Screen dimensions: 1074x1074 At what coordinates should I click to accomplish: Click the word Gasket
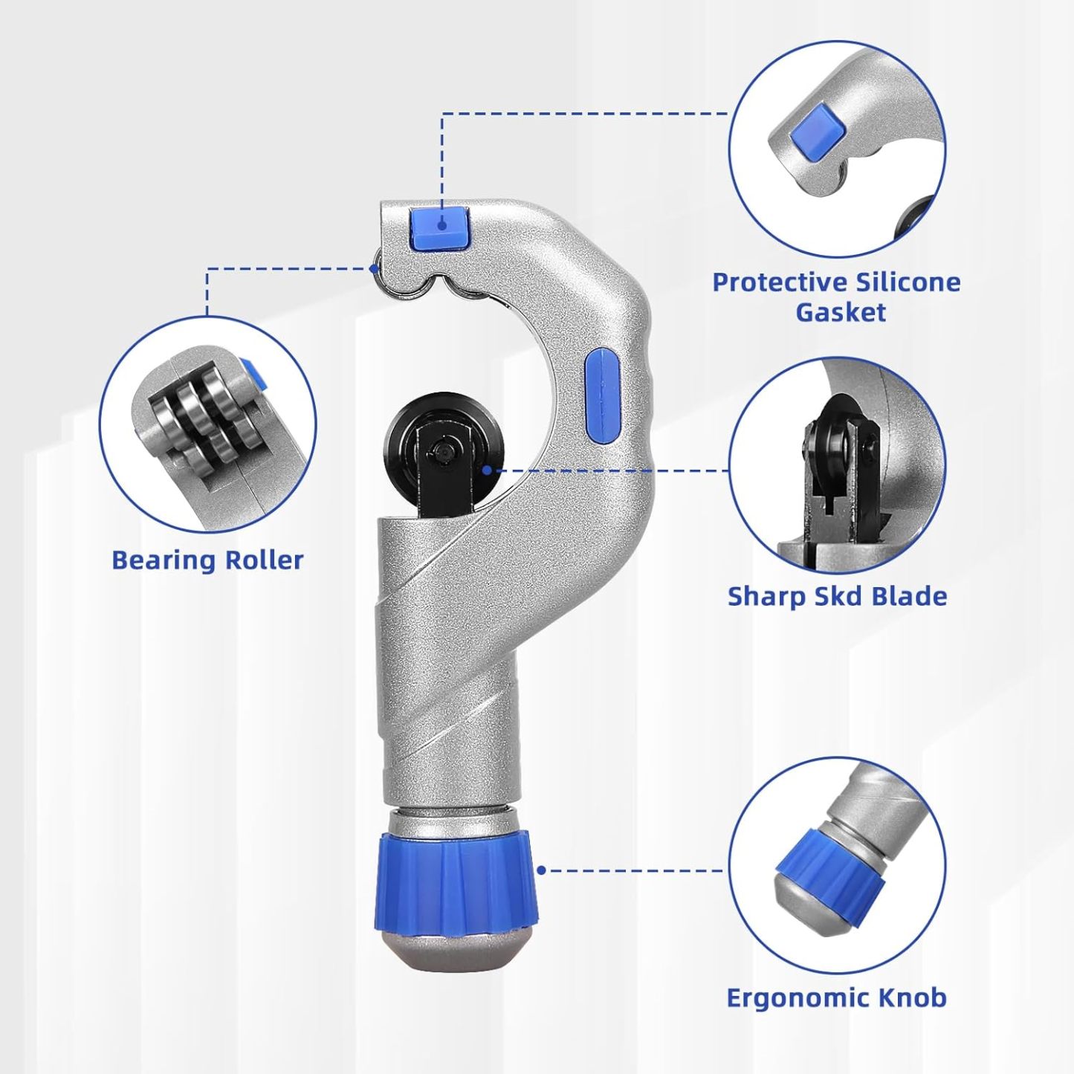tap(841, 312)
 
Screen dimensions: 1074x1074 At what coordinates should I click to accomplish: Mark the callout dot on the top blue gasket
tap(442, 226)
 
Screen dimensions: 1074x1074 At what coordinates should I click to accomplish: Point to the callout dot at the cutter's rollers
tap(375, 268)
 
